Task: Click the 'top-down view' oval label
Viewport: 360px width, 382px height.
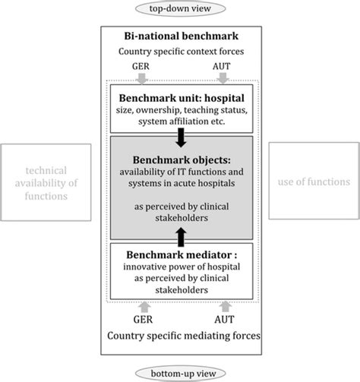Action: tap(180, 10)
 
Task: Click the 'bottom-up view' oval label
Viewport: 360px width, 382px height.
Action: tap(180, 373)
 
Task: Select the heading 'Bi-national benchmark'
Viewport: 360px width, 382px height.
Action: tap(180, 36)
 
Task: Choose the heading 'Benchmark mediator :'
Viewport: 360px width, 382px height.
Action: tap(180, 253)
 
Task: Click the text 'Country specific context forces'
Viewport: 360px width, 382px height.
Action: tap(180, 52)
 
